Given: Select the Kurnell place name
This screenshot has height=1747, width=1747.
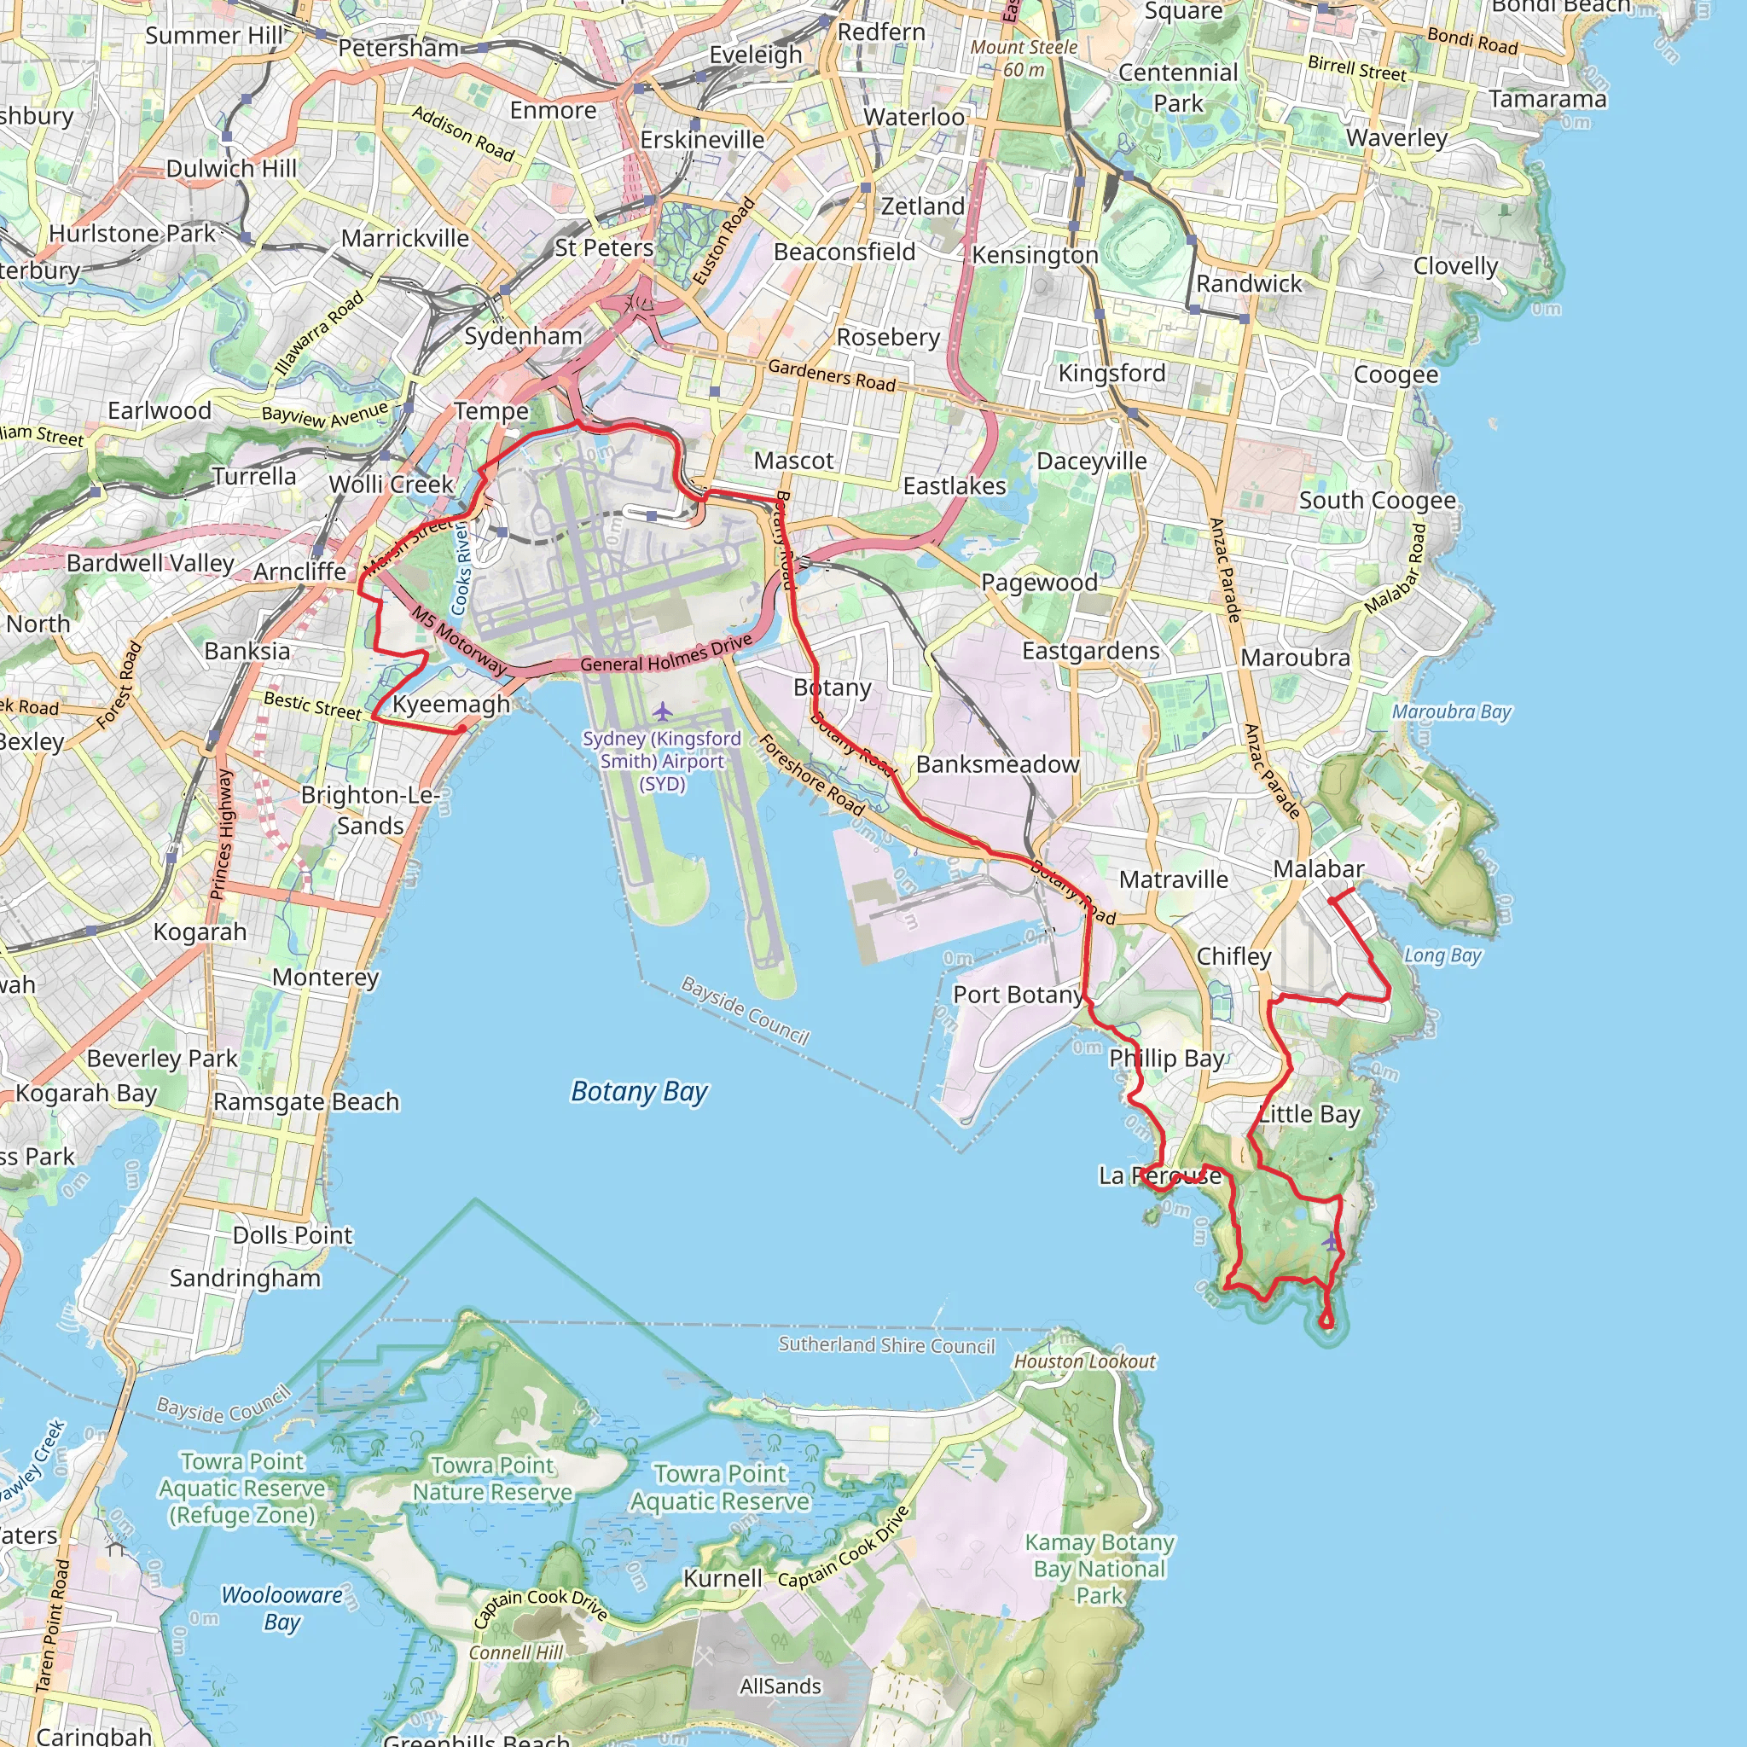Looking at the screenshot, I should tap(723, 1578).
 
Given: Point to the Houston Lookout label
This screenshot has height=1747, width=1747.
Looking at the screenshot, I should tap(1084, 1361).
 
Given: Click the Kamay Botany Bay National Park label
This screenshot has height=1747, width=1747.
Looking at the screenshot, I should tap(1099, 1569).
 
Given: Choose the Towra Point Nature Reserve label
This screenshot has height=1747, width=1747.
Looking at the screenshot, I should tap(493, 1478).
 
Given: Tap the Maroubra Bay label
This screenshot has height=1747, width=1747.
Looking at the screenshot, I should tap(1451, 711).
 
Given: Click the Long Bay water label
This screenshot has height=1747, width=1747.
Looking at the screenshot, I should tap(1442, 955).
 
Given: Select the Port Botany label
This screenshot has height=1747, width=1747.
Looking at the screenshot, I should tap(1018, 995).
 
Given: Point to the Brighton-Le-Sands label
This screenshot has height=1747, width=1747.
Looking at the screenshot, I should tap(370, 810).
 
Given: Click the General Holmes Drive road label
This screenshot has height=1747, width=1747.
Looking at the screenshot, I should tap(666, 653).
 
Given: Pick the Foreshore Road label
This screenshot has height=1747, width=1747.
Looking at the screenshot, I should tap(811, 774).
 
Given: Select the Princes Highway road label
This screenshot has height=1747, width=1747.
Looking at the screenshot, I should tap(222, 834).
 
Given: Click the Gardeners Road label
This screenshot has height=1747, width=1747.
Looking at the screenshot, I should tap(832, 375).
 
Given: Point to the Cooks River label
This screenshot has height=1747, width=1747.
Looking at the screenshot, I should tap(461, 569).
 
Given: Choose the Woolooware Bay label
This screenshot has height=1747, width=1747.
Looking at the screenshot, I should tap(282, 1608).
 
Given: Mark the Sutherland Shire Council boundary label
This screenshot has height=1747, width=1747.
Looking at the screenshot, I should tap(886, 1345).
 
